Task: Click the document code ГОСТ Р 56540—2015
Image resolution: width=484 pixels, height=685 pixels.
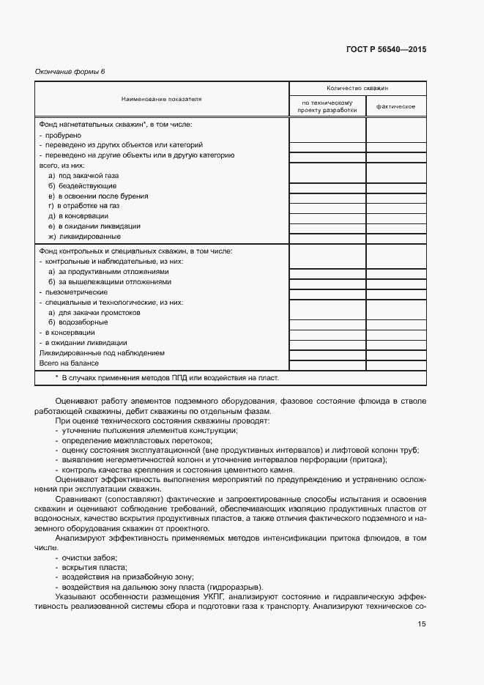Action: [x=385, y=50]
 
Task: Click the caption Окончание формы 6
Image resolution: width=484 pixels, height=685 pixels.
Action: [x=70, y=71]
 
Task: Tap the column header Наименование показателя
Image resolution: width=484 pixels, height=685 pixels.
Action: [x=162, y=98]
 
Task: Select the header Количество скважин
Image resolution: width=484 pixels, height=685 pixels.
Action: [x=357, y=87]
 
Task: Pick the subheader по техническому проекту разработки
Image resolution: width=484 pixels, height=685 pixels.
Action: [x=327, y=106]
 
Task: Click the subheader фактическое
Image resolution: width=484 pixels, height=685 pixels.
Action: [x=395, y=106]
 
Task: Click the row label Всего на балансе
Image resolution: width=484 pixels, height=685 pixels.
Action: [x=69, y=363]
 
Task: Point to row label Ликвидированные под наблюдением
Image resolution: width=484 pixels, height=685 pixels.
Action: [x=102, y=353]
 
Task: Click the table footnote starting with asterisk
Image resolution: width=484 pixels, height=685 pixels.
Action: [x=167, y=378]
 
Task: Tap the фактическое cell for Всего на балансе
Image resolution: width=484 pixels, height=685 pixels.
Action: [x=395, y=363]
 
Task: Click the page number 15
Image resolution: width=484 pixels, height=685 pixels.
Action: [x=422, y=624]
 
